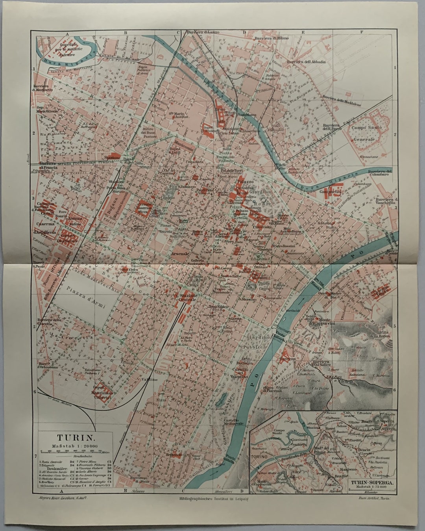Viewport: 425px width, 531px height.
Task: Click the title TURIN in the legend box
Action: click(x=75, y=437)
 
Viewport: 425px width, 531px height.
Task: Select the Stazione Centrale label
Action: click(x=188, y=297)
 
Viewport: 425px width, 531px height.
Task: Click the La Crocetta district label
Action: click(x=71, y=336)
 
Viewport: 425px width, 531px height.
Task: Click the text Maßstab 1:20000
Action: click(x=75, y=446)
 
